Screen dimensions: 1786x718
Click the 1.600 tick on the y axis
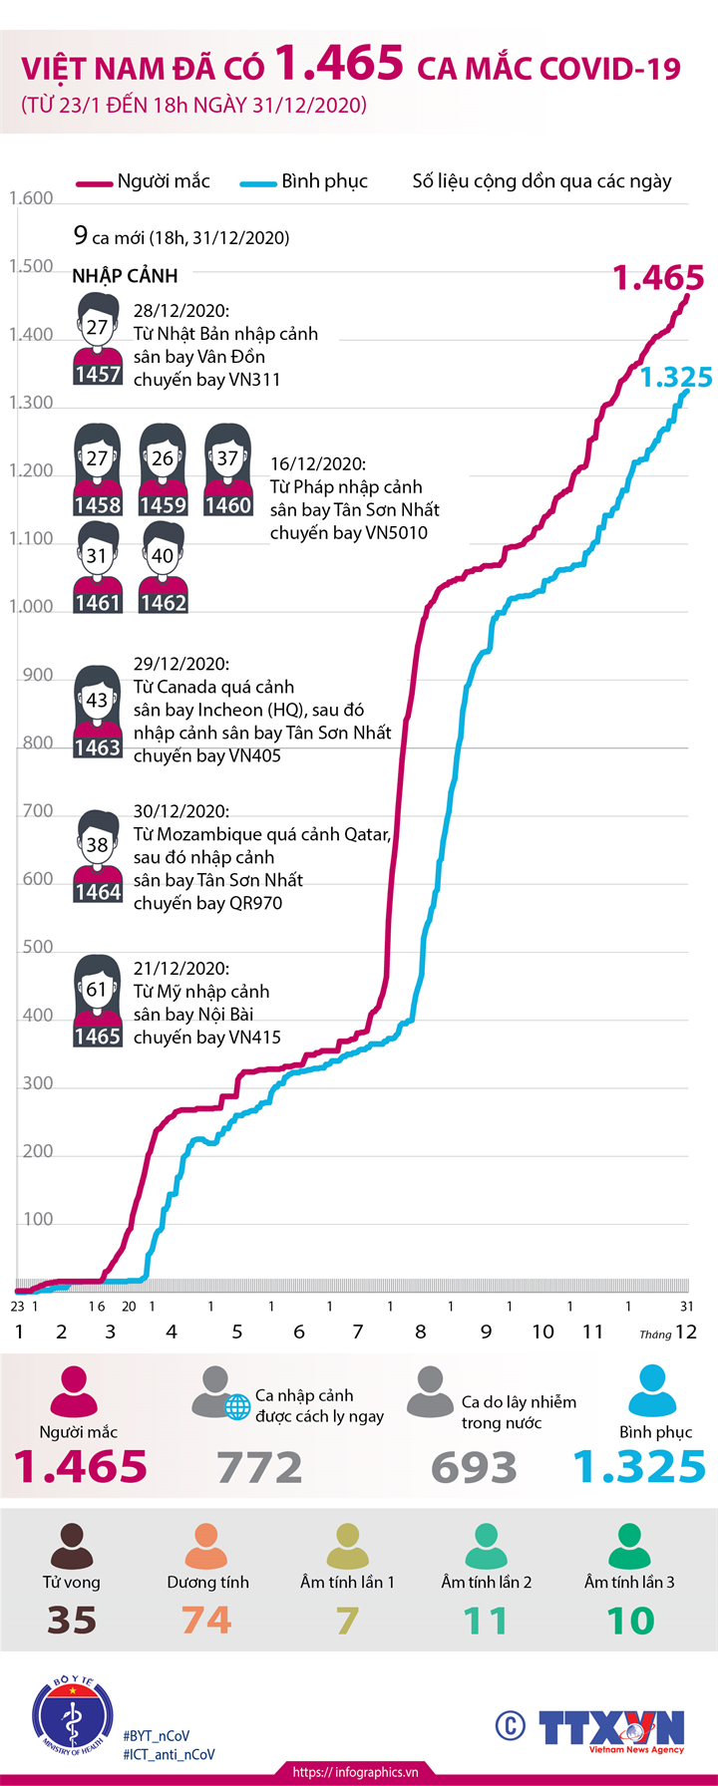[x=31, y=198]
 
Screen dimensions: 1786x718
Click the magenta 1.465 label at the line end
[x=658, y=278]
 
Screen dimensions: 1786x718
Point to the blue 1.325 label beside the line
[x=675, y=377]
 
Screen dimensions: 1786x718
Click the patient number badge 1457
[x=98, y=375]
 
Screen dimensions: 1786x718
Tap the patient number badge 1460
[x=228, y=505]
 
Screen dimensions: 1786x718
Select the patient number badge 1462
[x=163, y=603]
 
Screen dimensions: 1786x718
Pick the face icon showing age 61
[x=97, y=990]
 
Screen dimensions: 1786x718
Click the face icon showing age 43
[x=97, y=700]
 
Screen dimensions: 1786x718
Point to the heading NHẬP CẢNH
[x=125, y=276]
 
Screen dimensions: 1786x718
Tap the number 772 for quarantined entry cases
[x=260, y=1467]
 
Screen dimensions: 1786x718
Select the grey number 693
[x=475, y=1467]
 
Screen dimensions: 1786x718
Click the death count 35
[x=72, y=1621]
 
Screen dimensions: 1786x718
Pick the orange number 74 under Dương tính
[x=206, y=1621]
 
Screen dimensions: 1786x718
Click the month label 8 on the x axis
[x=421, y=1332]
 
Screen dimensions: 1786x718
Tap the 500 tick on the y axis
[x=38, y=947]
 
